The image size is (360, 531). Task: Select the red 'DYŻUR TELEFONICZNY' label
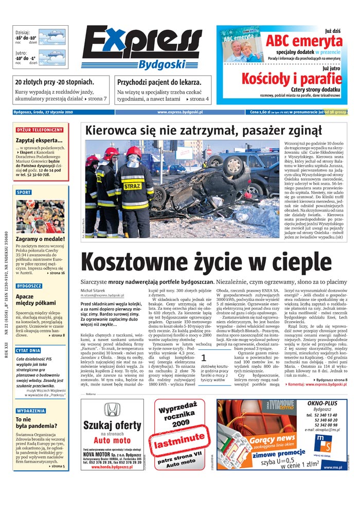[x=40, y=130]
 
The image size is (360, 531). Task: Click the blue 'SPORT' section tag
[x=24, y=192]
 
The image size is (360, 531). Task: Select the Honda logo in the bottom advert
[x=112, y=409]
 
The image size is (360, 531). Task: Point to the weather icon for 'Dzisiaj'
[x=52, y=37]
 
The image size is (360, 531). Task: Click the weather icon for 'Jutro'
[x=52, y=57]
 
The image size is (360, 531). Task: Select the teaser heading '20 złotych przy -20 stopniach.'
[x=55, y=82]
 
